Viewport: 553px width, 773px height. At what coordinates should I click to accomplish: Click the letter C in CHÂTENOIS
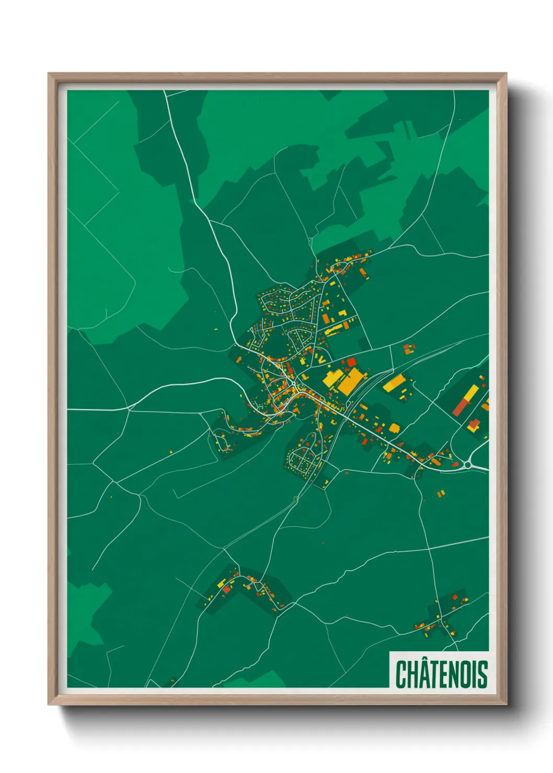point(402,674)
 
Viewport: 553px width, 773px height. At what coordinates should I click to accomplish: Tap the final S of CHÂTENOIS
point(482,674)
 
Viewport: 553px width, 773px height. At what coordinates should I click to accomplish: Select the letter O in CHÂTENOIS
point(464,674)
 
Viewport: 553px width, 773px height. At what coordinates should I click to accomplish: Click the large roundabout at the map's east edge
point(467,464)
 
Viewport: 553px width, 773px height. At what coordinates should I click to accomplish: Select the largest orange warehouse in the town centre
point(351,382)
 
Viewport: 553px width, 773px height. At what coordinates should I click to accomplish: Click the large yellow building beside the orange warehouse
point(332,378)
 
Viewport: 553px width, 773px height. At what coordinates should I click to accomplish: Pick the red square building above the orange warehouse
point(351,361)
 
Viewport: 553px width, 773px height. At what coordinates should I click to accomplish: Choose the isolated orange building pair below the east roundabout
point(441,493)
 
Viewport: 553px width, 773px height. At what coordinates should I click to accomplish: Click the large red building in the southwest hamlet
point(226,589)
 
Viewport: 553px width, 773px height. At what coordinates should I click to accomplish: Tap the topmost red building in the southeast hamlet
point(455,596)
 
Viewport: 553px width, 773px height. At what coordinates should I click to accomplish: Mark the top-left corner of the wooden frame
point(49,74)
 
